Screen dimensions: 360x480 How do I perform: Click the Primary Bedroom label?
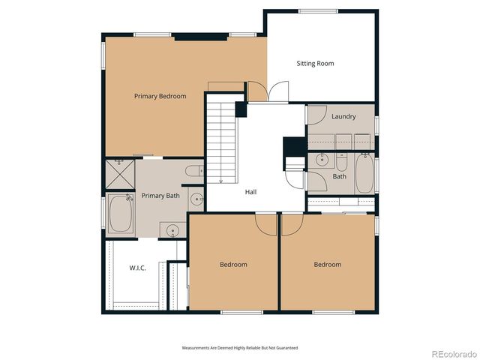click(160, 96)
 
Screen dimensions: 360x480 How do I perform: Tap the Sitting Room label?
click(315, 64)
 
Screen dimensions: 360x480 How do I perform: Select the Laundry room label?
click(343, 116)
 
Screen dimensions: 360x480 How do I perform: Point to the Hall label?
click(250, 192)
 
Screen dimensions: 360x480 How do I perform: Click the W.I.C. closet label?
click(137, 268)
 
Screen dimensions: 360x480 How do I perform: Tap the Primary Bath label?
click(160, 196)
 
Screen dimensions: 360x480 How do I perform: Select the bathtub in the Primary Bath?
click(120, 214)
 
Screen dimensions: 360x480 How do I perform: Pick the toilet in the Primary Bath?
click(193, 171)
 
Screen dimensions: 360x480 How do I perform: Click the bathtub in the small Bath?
click(364, 173)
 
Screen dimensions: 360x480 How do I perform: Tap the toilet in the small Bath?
click(340, 162)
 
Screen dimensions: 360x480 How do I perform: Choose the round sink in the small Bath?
click(321, 160)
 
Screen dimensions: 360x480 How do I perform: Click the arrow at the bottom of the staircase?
click(222, 180)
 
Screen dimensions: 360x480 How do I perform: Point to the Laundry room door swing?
click(315, 115)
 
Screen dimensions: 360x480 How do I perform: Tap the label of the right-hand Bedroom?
click(327, 264)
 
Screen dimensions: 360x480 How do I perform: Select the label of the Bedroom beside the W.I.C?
click(233, 264)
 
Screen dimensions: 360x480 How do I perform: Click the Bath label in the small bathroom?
click(340, 177)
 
